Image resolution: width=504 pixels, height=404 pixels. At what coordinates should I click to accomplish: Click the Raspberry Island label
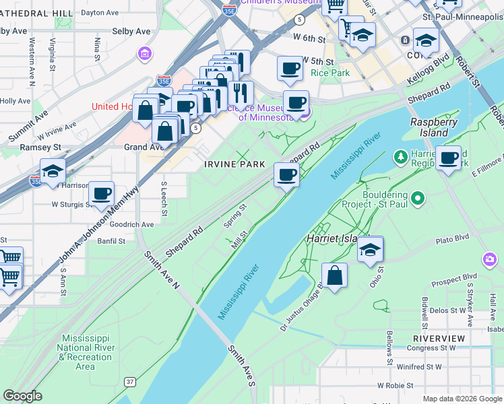pyautogui.click(x=434, y=127)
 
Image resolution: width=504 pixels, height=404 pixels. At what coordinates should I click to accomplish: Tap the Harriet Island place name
pyautogui.click(x=336, y=238)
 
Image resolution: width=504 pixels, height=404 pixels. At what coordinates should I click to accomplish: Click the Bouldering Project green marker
pyautogui.click(x=418, y=198)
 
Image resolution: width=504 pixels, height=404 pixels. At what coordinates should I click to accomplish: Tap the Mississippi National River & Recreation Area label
pyautogui.click(x=85, y=352)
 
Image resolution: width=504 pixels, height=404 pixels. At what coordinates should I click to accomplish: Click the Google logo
pyautogui.click(x=22, y=396)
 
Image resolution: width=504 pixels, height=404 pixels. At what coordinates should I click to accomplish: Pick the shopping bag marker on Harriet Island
pyautogui.click(x=335, y=275)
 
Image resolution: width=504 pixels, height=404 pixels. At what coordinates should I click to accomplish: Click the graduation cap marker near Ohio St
pyautogui.click(x=370, y=250)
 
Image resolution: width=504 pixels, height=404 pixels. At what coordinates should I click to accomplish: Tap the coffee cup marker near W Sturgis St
pyautogui.click(x=102, y=194)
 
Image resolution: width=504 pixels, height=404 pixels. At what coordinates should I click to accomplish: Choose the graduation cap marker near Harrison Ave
pyautogui.click(x=53, y=172)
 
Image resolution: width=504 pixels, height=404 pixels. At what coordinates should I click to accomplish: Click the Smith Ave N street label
pyautogui.click(x=161, y=270)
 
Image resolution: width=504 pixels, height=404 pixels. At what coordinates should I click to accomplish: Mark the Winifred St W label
pyautogui.click(x=419, y=367)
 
